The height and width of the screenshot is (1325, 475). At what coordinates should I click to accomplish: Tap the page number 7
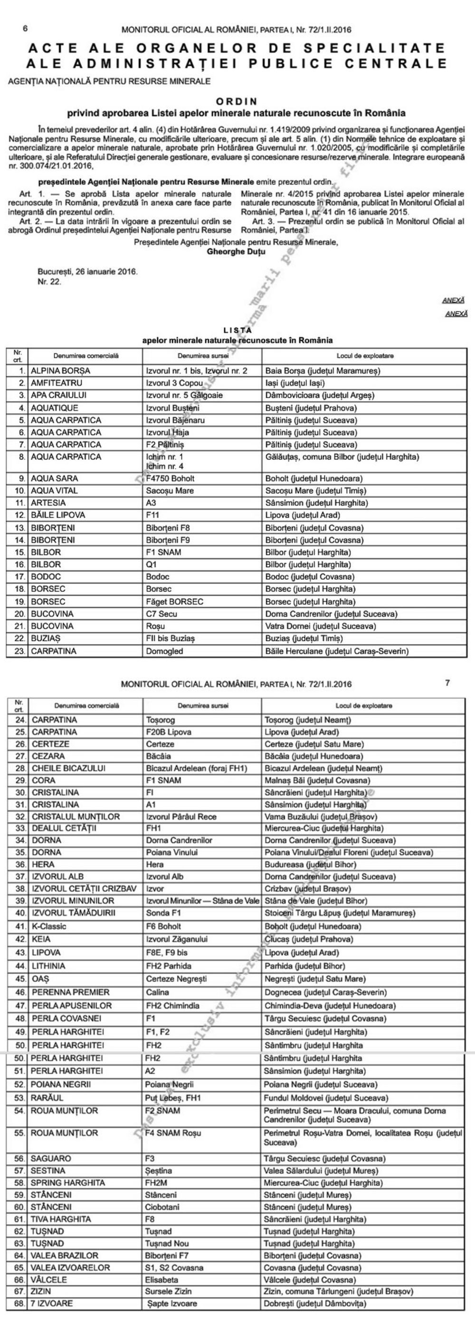point(447,683)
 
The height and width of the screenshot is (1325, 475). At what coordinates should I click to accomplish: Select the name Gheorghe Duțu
point(236,252)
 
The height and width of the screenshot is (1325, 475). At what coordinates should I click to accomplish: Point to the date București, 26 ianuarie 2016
point(87,271)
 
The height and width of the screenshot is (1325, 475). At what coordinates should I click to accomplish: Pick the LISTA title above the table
point(237,330)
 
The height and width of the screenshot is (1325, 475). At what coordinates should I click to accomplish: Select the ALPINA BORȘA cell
point(60,370)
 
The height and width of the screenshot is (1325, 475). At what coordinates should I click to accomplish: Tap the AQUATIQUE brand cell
point(55,408)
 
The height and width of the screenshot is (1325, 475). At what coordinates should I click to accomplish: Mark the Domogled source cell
point(164,651)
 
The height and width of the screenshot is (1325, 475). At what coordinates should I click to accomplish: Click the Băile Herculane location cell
point(337,651)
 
